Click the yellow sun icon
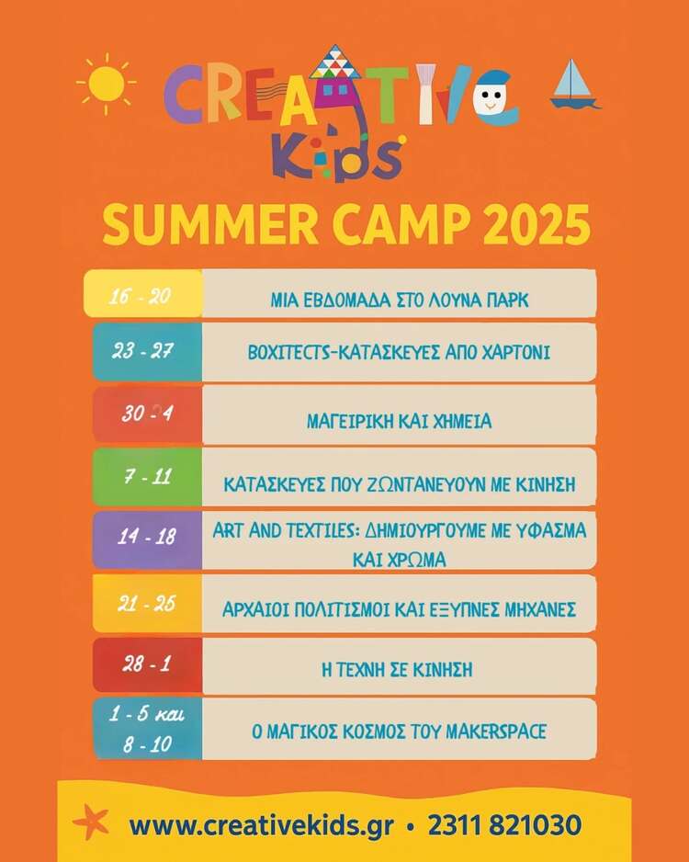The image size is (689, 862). click(106, 84)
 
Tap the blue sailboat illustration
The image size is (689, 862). click(574, 85)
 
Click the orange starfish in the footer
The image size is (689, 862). click(91, 822)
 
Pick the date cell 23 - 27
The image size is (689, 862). click(147, 352)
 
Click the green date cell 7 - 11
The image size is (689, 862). click(147, 477)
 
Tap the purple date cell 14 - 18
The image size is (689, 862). click(147, 539)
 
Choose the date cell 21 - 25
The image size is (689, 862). click(147, 603)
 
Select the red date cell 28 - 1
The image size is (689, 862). click(147, 665)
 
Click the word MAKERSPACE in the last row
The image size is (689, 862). click(495, 732)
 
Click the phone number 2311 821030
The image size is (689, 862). click(504, 825)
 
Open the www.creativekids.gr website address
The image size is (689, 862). click(262, 826)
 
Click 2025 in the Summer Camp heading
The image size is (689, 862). click(537, 224)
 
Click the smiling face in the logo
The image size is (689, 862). click(491, 99)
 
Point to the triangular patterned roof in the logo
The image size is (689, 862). click(334, 62)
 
